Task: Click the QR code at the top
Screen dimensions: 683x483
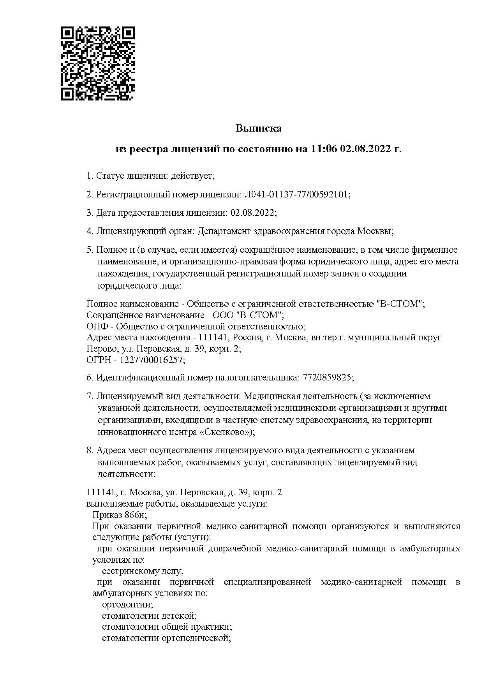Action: click(x=98, y=63)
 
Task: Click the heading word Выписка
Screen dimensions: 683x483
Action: click(x=258, y=128)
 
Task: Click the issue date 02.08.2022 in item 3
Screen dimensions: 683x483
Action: click(x=252, y=213)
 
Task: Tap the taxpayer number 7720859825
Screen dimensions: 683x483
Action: click(x=327, y=377)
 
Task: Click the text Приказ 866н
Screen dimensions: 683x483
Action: click(x=119, y=515)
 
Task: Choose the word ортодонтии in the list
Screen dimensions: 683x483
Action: click(x=127, y=605)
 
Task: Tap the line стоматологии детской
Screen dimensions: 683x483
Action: click(x=149, y=616)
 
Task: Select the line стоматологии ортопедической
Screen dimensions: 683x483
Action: click(x=166, y=638)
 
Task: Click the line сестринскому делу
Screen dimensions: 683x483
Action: click(x=142, y=571)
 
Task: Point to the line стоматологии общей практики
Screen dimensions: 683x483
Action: click(x=167, y=627)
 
